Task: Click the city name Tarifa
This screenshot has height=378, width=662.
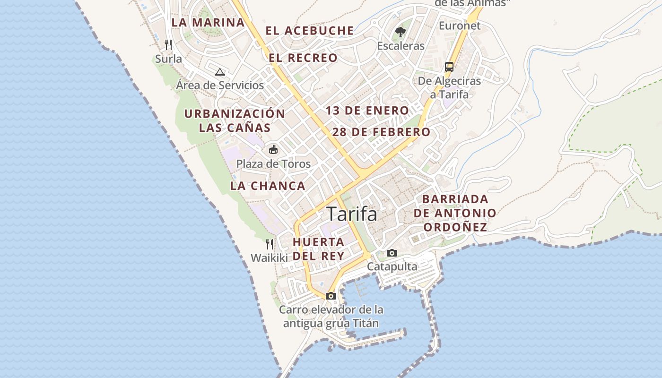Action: [x=352, y=214]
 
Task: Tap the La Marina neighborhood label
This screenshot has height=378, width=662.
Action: [x=208, y=22]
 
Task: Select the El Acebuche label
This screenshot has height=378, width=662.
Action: [x=309, y=31]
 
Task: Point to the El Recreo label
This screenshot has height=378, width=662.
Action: [x=303, y=58]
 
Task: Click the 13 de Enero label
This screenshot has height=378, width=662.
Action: [x=367, y=111]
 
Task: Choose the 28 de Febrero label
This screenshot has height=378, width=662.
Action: [x=381, y=132]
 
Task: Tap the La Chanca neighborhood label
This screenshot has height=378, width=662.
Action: [x=268, y=186]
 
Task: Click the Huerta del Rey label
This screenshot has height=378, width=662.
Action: [x=318, y=249]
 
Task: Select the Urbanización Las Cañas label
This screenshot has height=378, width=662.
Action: [x=235, y=120]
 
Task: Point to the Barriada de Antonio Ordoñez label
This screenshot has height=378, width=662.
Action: [x=455, y=213]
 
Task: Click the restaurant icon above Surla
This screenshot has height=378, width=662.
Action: [x=168, y=45]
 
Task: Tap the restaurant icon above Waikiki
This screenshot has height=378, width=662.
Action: [x=269, y=244]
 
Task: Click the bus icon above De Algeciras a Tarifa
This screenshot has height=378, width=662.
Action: [x=449, y=67]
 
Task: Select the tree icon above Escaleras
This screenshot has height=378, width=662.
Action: [x=401, y=32]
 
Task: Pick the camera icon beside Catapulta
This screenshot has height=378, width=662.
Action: [x=392, y=253]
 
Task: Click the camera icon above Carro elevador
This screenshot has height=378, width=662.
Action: [x=331, y=296]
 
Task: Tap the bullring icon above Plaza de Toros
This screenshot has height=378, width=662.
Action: [x=273, y=150]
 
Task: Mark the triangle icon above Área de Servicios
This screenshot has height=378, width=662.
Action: [x=219, y=72]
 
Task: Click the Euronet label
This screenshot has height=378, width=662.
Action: [x=460, y=26]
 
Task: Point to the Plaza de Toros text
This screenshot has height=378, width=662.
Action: [x=273, y=164]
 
